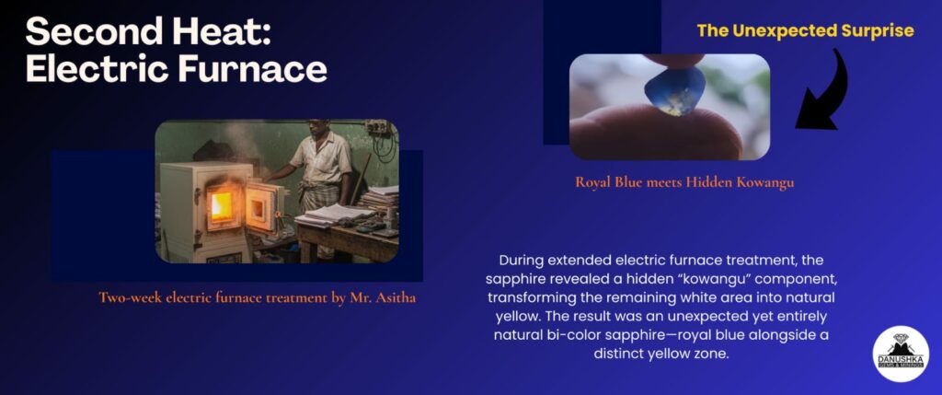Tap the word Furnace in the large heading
tap(251, 69)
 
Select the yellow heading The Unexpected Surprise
tap(805, 30)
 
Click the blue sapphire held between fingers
tap(675, 91)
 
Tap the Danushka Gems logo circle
tap(901, 354)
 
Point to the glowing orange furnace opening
tap(221, 205)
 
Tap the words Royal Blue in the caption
tap(609, 182)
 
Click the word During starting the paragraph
tap(522, 261)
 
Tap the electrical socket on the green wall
tap(376, 127)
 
